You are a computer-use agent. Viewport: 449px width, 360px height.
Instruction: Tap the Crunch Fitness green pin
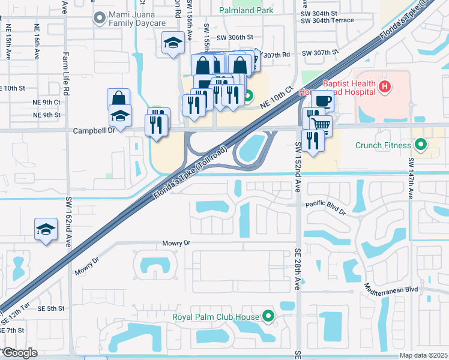pyautogui.click(x=421, y=145)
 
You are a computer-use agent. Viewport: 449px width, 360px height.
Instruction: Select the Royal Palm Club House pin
pyautogui.click(x=268, y=317)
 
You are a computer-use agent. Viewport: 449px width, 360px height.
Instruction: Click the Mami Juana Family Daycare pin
pyautogui.click(x=98, y=18)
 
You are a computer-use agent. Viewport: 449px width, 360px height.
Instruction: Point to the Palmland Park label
pyautogui.click(x=246, y=10)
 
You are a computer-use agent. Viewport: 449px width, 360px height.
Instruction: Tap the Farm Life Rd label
pyautogui.click(x=66, y=72)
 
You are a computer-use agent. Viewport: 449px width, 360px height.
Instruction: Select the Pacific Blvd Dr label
pyautogui.click(x=326, y=208)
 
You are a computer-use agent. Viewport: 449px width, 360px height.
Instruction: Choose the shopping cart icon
pyautogui.click(x=321, y=124)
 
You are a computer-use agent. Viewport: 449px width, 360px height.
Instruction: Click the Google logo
pyautogui.click(x=20, y=353)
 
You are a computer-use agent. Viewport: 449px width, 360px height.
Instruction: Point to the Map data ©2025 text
pyautogui.click(x=423, y=355)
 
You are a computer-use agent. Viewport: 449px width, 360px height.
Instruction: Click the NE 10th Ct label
pyautogui.click(x=277, y=97)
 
